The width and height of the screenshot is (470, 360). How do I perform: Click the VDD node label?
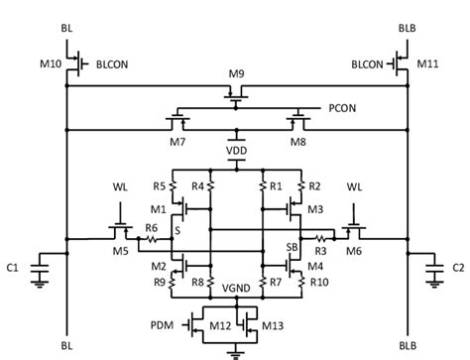(236, 151)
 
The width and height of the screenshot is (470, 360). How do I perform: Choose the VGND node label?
(236, 288)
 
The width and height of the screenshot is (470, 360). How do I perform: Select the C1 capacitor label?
(12, 266)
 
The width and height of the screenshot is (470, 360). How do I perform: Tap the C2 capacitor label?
(458, 266)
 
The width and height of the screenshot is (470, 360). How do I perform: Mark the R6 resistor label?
(152, 227)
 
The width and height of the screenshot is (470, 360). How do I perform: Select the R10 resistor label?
(319, 283)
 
